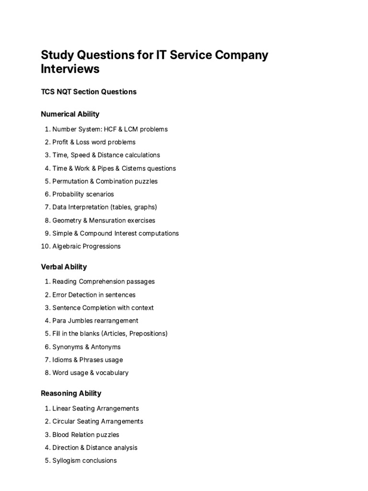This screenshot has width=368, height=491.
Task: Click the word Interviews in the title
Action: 70,69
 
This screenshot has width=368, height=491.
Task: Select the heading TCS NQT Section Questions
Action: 89,92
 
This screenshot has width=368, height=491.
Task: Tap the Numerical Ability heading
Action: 70,114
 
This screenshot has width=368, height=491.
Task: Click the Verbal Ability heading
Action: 64,267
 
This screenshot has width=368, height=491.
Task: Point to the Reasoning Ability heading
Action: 71,393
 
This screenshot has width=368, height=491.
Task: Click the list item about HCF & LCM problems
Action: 110,129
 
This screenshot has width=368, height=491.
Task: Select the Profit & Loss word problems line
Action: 94,142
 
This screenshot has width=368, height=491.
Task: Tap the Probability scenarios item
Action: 83,194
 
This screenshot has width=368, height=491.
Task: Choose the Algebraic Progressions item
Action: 86,246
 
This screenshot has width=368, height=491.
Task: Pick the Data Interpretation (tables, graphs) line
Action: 104,207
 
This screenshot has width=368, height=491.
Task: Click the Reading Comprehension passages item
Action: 103,281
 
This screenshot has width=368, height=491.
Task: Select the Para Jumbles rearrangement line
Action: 95,320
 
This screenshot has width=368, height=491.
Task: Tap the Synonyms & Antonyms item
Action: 86,347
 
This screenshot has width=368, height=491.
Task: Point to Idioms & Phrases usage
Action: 87,360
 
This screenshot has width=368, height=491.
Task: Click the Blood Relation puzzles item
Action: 86,434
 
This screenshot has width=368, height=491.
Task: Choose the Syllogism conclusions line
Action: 84,460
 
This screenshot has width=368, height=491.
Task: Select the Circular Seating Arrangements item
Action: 98,421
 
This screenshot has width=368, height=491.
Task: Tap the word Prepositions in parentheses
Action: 146,333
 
